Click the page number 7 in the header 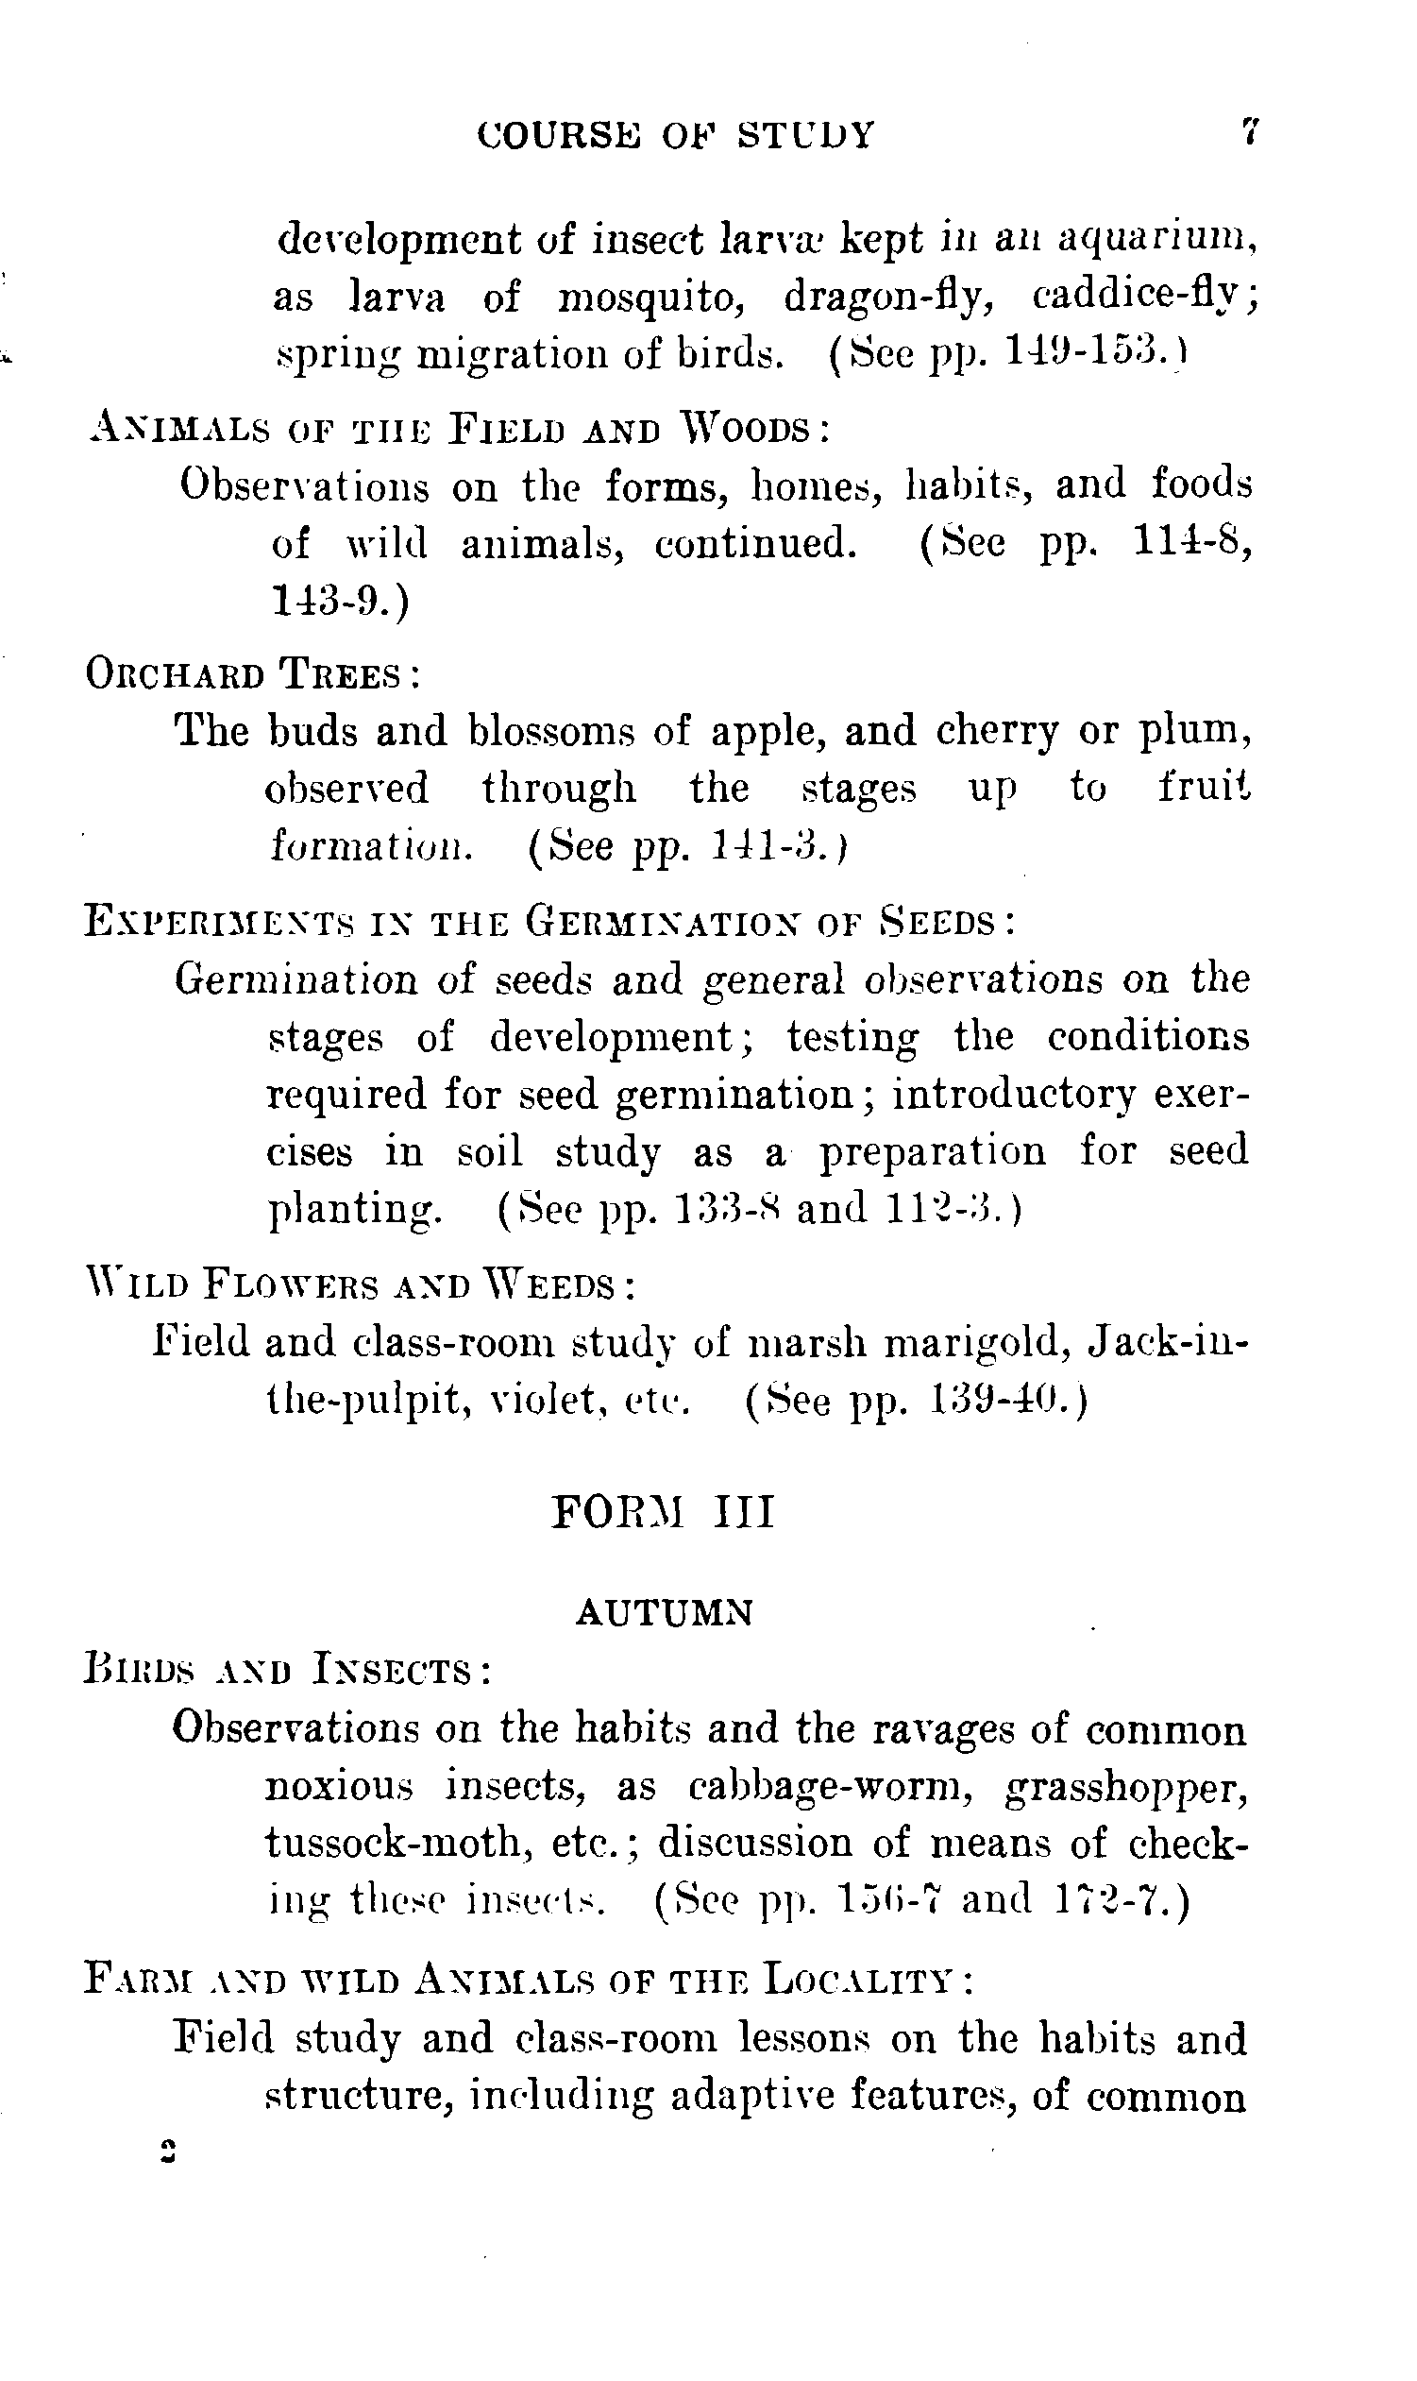pyautogui.click(x=1249, y=131)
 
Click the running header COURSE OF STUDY pyautogui.click(x=675, y=136)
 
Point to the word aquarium pyautogui.click(x=1156, y=239)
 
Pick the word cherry pyautogui.click(x=997, y=733)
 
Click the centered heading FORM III pyautogui.click(x=664, y=1514)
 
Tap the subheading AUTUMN pyautogui.click(x=666, y=1612)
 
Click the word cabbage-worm pyautogui.click(x=830, y=1786)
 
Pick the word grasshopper pyautogui.click(x=1127, y=1788)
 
